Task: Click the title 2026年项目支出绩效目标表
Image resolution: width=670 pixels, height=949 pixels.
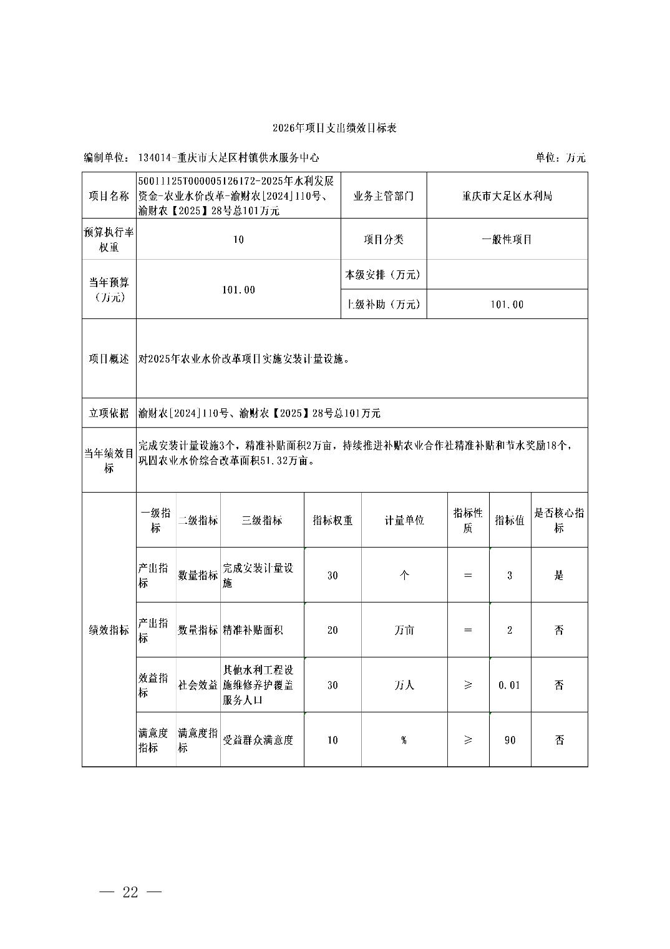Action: (334, 128)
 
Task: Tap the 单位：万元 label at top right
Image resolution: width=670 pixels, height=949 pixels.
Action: (560, 158)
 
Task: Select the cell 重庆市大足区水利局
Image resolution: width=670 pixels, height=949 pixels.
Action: (507, 196)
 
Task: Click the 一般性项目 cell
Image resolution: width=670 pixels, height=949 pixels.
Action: (507, 239)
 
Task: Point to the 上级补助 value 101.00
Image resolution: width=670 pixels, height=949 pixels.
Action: (507, 305)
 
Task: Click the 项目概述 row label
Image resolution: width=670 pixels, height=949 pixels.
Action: (109, 359)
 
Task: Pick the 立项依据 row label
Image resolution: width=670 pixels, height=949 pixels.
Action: (109, 413)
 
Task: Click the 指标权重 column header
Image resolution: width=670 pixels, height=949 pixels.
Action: (333, 521)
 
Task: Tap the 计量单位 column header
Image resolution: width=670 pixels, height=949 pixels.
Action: (404, 521)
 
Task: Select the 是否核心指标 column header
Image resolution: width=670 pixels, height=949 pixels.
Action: (559, 521)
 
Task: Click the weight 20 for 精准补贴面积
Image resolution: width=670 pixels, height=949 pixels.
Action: (333, 631)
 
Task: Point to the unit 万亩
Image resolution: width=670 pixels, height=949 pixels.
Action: (404, 631)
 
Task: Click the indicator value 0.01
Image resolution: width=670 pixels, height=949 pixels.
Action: (509, 686)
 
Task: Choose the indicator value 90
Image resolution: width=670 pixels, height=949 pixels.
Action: (509, 740)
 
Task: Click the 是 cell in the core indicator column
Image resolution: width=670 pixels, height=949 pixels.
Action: (559, 576)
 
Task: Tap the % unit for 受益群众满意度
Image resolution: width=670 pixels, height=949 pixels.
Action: (404, 740)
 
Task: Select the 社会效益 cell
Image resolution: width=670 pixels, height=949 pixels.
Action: (198, 686)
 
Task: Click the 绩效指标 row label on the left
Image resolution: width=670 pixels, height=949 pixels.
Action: (109, 631)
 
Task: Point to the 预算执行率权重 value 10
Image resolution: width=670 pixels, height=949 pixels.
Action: (238, 240)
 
